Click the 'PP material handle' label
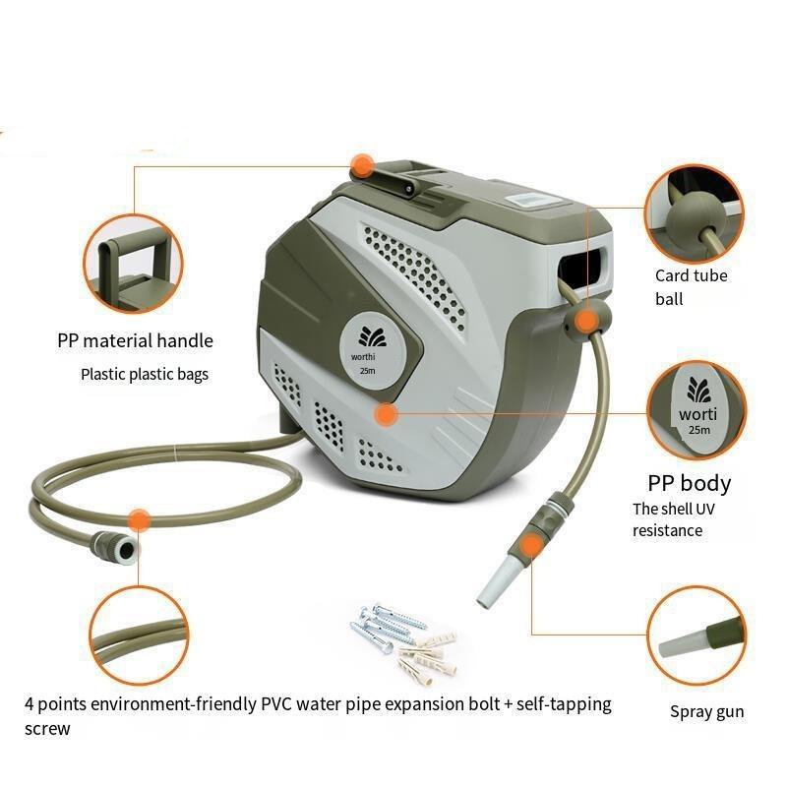tap(135, 341)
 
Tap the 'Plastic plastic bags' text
tap(145, 375)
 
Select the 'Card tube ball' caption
tap(691, 287)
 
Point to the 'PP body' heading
tap(690, 483)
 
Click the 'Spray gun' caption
tap(706, 711)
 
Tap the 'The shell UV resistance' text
tap(674, 519)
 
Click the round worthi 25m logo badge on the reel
tap(371, 354)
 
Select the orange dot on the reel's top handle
tap(361, 165)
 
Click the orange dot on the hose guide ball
tap(585, 322)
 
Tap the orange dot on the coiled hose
tap(139, 520)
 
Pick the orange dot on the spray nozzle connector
tap(530, 546)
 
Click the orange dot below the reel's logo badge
tap(386, 414)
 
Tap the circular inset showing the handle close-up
tap(133, 264)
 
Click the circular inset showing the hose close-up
tap(139, 636)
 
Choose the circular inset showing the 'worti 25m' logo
tap(696, 410)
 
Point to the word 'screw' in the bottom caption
tap(47, 729)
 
